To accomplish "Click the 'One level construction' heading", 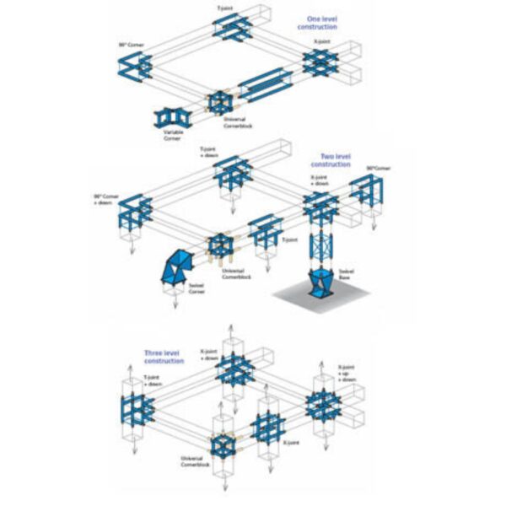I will click(x=316, y=22).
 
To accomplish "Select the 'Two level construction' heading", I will click(x=336, y=160).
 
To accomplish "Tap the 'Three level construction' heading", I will click(x=164, y=356).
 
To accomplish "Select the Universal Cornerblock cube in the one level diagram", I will click(x=220, y=105).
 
